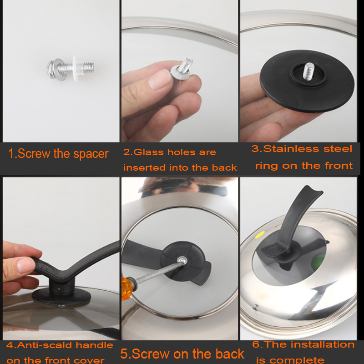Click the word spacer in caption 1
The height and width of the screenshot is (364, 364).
tap(91, 154)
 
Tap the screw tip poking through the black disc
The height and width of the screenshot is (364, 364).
tap(308, 71)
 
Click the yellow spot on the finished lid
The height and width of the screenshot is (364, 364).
tap(260, 234)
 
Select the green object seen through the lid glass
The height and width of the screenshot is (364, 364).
tap(319, 261)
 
